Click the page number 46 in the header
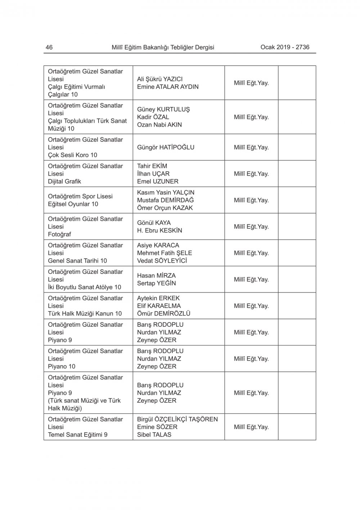coord(49,47)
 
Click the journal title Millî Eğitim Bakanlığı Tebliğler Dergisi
coord(163,47)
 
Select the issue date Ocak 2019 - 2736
coord(285,47)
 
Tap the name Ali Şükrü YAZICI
coord(160,79)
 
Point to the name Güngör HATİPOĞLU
coord(166,147)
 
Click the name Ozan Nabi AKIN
coord(159,125)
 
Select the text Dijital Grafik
coord(64,182)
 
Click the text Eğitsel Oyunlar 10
coord(73,204)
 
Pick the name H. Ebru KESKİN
coord(159,231)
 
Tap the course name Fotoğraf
coord(59,234)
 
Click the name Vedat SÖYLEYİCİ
coord(162,261)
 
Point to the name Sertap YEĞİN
coord(156,284)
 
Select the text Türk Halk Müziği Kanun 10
coord(85,313)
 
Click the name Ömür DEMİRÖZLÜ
coord(164,313)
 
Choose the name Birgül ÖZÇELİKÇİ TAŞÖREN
coord(177,419)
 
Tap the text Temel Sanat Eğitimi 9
coord(78,434)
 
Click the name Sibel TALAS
coord(154,434)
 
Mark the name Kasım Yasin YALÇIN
coord(166,193)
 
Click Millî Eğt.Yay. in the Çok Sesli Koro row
coord(251,147)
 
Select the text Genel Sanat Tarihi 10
coord(77,261)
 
